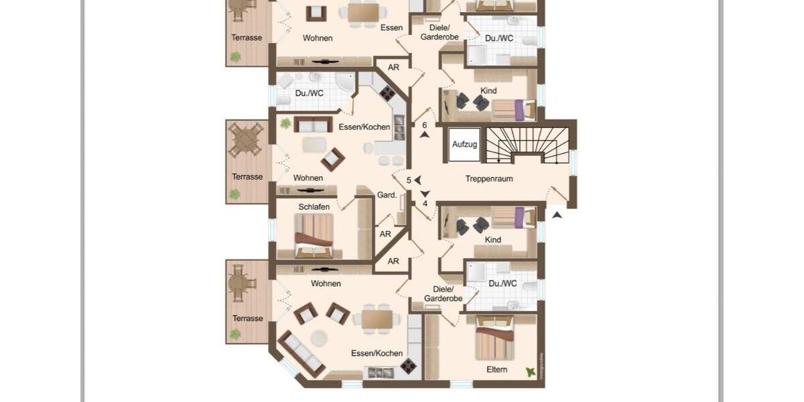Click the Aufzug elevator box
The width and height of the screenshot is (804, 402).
point(464,144)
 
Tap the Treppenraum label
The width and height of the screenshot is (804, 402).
point(491,179)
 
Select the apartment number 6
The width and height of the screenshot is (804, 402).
point(425,125)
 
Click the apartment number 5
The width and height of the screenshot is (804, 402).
point(409,180)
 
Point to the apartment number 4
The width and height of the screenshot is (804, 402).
point(425,204)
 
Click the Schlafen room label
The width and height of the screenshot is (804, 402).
point(314,207)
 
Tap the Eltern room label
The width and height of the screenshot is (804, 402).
point(496,369)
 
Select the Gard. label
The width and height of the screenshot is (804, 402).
point(387,196)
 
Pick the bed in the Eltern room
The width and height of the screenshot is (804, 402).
point(494,338)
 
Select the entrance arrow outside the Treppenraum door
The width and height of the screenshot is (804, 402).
point(557,215)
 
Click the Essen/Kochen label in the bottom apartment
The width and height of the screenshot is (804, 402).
point(377,353)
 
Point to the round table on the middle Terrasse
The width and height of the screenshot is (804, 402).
point(245,141)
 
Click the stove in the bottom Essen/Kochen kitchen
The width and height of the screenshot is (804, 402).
point(408,365)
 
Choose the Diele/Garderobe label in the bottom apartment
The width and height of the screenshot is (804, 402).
point(443,293)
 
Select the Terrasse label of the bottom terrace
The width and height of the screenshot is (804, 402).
point(247,318)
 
